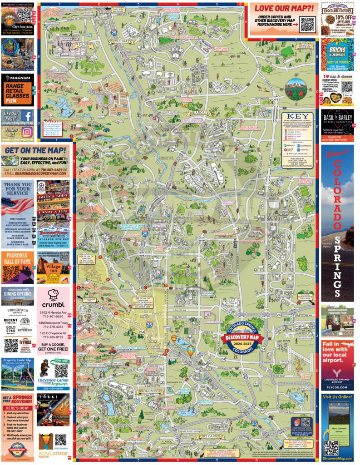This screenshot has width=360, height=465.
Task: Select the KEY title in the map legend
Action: click(298, 117)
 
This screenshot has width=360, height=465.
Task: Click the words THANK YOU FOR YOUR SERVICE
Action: click(17, 192)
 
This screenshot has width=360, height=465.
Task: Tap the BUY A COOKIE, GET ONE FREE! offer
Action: click(54, 347)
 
